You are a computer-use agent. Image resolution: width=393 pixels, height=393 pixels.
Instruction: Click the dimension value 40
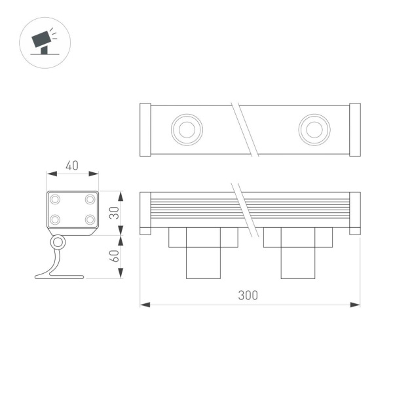[x=72, y=165]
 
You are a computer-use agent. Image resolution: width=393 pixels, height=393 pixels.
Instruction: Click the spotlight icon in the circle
[x=44, y=41]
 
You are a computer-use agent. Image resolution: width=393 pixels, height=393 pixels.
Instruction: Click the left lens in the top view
[x=187, y=130]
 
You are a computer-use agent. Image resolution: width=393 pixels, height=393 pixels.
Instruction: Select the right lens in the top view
[x=314, y=130]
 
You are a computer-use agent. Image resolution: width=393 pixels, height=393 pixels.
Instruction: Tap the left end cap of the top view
[x=146, y=130]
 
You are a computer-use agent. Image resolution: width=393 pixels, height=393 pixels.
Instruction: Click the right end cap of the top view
[x=355, y=130]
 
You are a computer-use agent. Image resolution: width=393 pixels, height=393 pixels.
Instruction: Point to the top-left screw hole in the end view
[x=56, y=198]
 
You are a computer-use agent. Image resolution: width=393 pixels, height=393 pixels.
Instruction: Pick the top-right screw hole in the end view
[x=90, y=198]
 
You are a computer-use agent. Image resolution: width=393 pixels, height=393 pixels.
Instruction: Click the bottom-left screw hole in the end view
[x=56, y=219]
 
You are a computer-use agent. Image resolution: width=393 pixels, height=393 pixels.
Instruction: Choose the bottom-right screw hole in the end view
[x=90, y=219]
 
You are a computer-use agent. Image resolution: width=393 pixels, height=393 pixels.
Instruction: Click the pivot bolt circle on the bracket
[x=59, y=242]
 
